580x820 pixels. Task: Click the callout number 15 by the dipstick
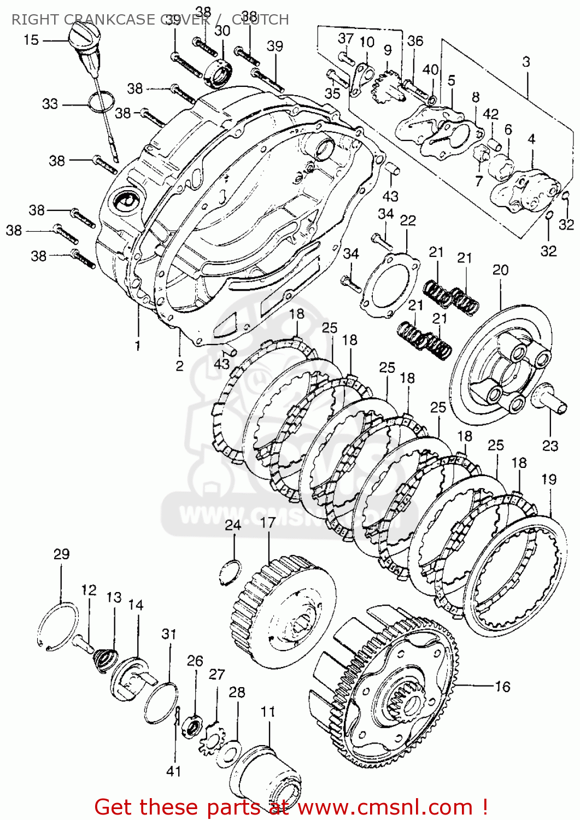click(31, 39)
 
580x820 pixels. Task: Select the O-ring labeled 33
click(102, 102)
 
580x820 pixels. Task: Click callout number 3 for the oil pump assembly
click(525, 62)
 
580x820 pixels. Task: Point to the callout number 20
click(500, 270)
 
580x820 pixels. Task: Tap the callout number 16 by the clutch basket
click(502, 687)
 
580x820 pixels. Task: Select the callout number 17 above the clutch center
click(267, 523)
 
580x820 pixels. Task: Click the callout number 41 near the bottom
click(173, 771)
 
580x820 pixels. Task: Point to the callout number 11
click(267, 712)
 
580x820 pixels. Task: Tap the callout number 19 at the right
click(548, 479)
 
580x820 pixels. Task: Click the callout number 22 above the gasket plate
click(407, 220)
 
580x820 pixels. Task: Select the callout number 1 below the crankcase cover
click(138, 345)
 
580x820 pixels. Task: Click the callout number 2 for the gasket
click(179, 366)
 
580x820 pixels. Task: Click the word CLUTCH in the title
click(260, 20)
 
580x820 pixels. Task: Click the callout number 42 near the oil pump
click(490, 114)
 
